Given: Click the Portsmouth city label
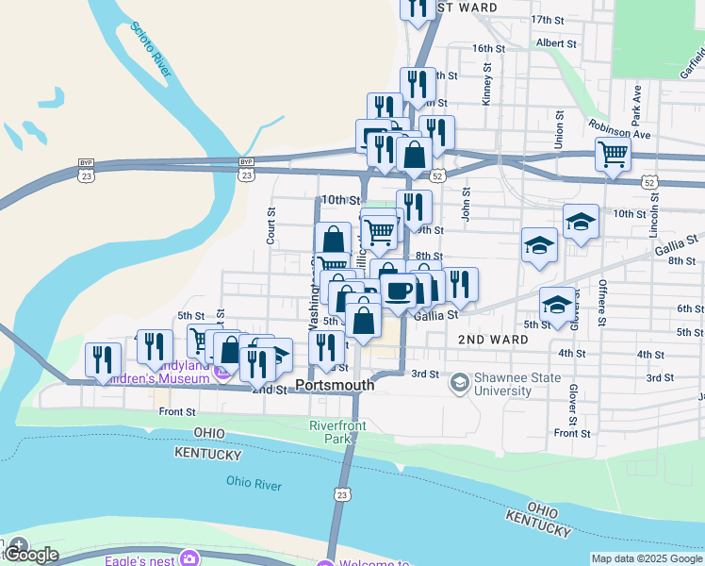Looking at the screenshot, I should pyautogui.click(x=335, y=385).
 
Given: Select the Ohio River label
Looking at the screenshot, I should pyautogui.click(x=254, y=484).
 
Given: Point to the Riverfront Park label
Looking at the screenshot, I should pyautogui.click(x=337, y=432).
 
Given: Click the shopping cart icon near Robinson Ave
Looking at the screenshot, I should pyautogui.click(x=613, y=153).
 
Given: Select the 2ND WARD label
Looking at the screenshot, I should pyautogui.click(x=493, y=338).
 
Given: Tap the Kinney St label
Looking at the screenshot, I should pyautogui.click(x=487, y=82).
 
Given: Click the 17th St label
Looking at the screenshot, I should pyautogui.click(x=547, y=19).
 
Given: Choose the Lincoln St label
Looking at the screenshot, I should pyautogui.click(x=653, y=216).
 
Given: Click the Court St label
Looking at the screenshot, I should pyautogui.click(x=271, y=226).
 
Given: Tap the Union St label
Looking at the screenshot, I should pyautogui.click(x=559, y=129).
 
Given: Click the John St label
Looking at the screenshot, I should pyautogui.click(x=466, y=203).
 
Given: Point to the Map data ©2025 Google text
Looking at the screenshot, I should pyautogui.click(x=646, y=558).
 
